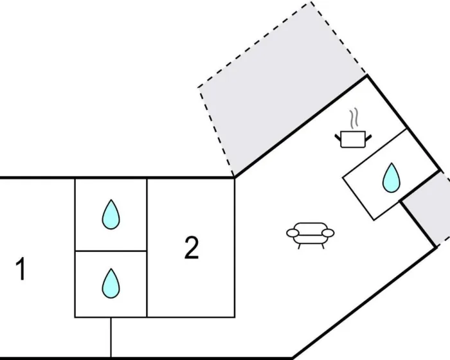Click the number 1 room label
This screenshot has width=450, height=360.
21,269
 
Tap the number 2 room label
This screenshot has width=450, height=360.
191,248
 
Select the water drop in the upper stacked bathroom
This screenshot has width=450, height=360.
111,214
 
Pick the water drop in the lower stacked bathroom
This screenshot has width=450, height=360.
111,283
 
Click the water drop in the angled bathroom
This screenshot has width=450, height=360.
390,178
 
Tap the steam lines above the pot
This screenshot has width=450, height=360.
352,118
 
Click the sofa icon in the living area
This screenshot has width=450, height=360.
310,235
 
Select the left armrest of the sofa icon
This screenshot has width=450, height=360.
293,232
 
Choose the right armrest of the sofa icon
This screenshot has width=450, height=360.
328,232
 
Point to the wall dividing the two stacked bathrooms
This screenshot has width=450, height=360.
111,250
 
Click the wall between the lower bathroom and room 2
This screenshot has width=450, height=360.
147,283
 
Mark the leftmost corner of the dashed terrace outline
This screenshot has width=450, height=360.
199,86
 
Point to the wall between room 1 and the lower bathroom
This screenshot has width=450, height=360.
75,283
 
